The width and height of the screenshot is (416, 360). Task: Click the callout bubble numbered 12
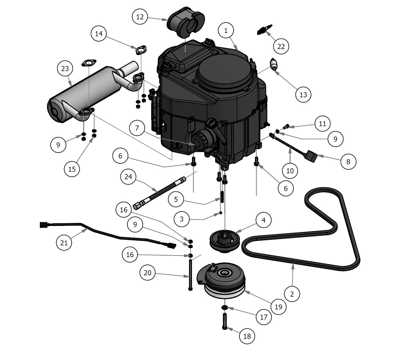tap(140, 17)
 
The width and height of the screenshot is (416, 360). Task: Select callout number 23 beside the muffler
tap(65, 69)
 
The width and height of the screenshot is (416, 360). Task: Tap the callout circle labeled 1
tap(226, 30)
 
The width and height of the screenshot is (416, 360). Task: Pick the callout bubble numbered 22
tap(281, 46)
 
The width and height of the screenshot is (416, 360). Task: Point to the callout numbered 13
tap(303, 95)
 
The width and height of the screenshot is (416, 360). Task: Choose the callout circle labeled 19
tap(278, 306)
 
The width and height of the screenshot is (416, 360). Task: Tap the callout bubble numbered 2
tap(292, 294)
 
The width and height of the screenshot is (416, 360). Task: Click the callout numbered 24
tap(128, 177)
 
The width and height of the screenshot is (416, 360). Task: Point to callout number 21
tap(64, 243)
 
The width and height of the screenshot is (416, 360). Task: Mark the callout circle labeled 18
tap(247, 336)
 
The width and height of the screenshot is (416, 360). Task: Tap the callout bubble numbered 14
tap(99, 34)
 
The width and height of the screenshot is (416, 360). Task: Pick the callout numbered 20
tap(147, 273)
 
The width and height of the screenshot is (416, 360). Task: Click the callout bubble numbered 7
tap(137, 128)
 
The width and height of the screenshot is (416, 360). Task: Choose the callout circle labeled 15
tap(72, 169)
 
